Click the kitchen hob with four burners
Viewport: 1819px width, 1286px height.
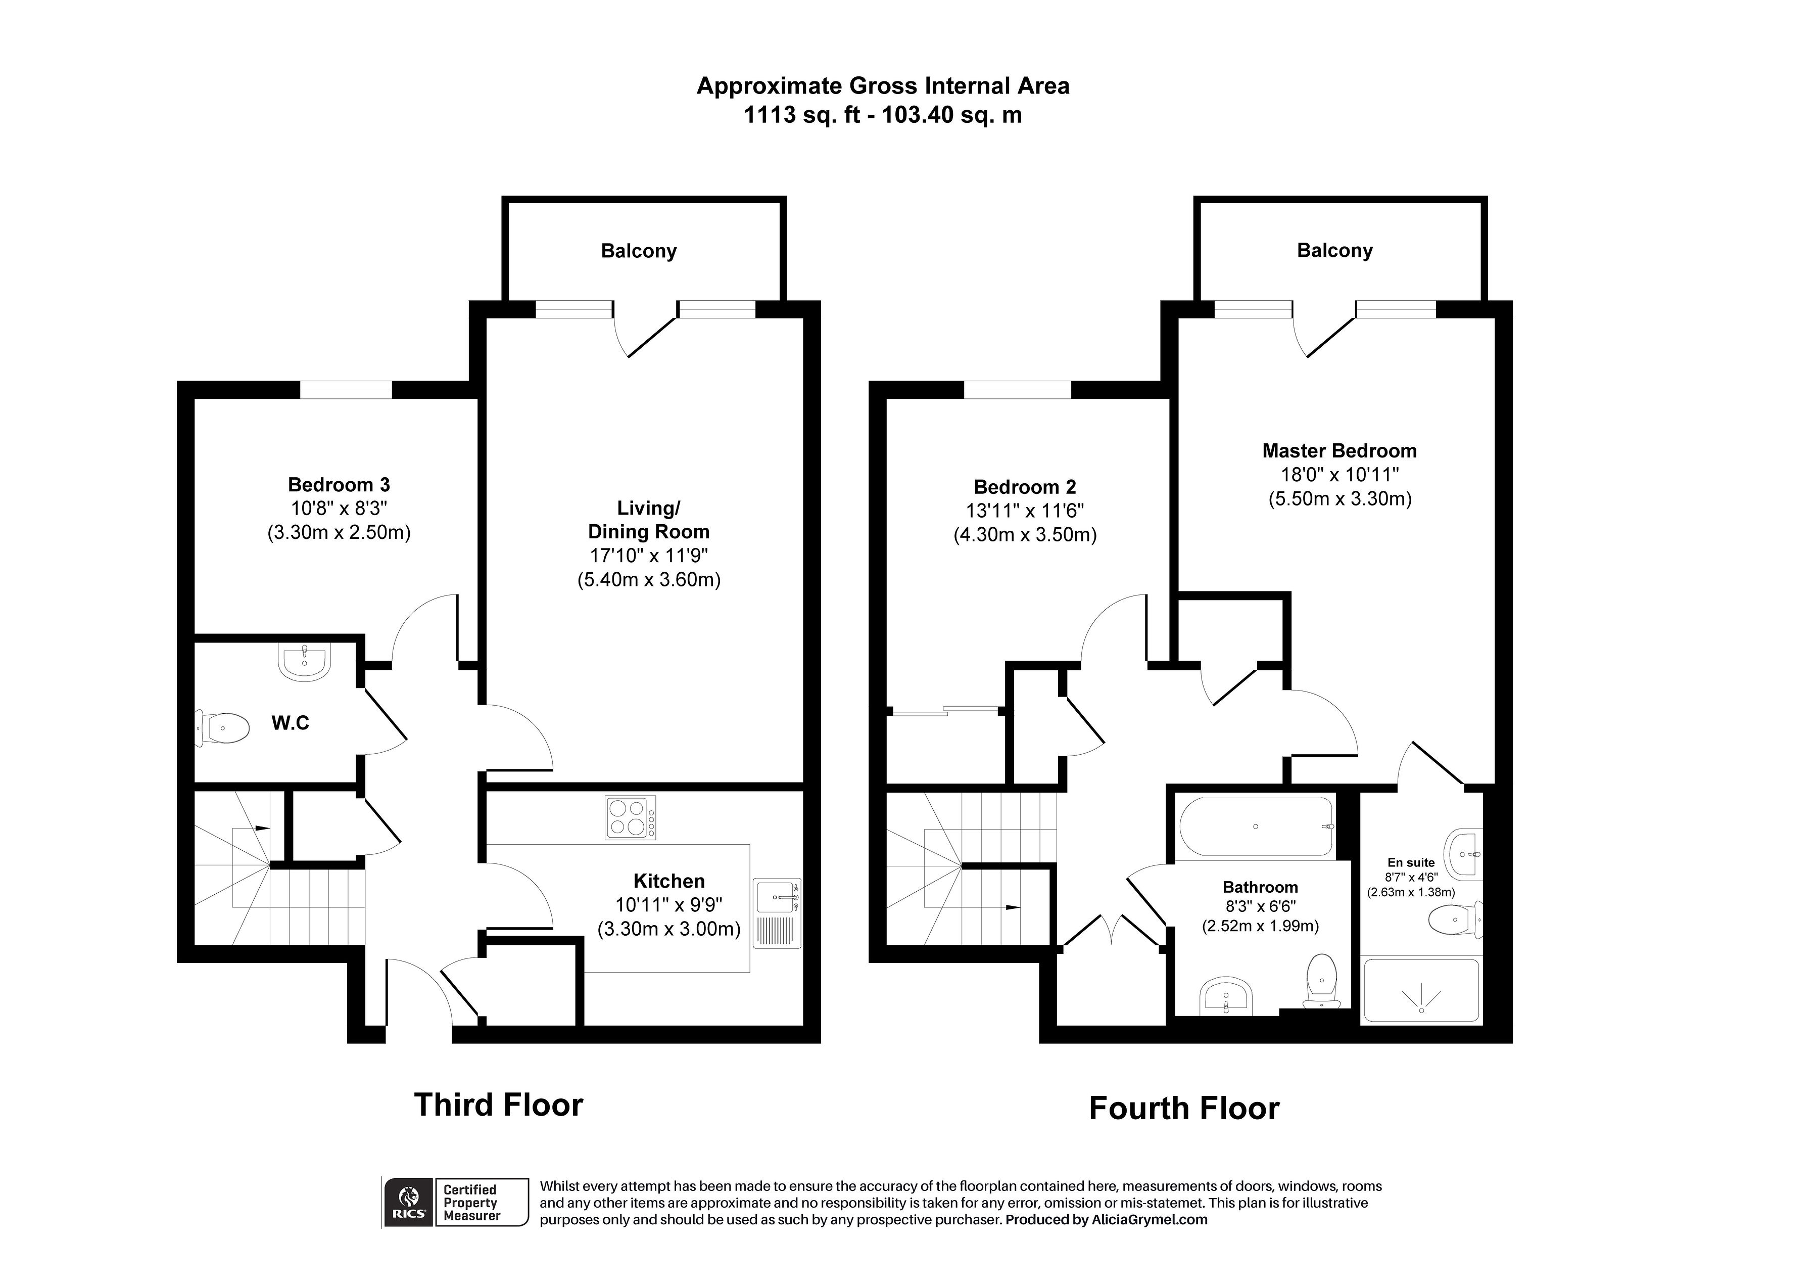(630, 817)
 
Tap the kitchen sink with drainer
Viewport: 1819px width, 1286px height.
(777, 913)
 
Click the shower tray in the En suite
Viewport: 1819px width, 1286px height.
(1420, 991)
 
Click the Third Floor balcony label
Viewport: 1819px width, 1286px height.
(639, 251)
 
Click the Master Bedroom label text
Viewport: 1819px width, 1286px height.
(1339, 451)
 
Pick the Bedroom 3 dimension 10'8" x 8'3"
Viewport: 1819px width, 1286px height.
(339, 508)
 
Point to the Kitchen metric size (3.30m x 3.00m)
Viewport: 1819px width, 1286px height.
(668, 929)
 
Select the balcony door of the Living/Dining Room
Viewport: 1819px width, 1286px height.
(646, 337)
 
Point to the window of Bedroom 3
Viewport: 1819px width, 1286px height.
(346, 390)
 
